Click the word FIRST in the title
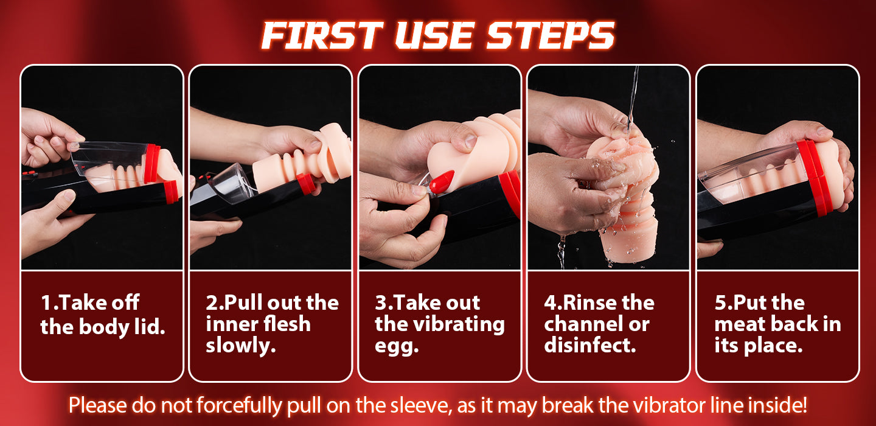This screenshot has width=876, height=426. (x=322, y=35)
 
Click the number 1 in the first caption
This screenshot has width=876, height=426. (x=46, y=303)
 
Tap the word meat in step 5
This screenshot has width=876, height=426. (x=740, y=325)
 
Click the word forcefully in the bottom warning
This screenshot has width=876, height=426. (x=239, y=405)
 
